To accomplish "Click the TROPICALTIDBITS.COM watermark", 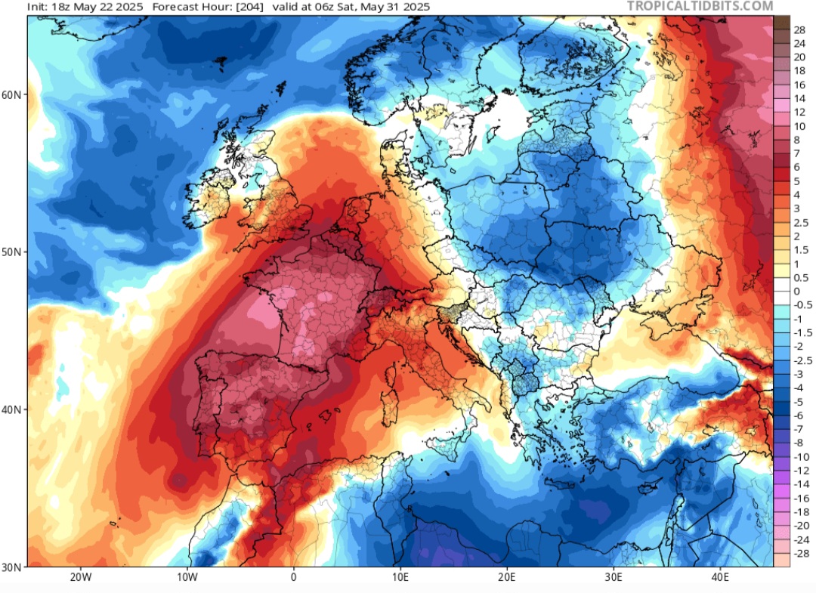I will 700,6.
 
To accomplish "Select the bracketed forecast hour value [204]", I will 229,7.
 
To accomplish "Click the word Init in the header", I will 38,7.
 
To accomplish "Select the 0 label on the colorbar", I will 796,292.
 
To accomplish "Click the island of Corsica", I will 393,372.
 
